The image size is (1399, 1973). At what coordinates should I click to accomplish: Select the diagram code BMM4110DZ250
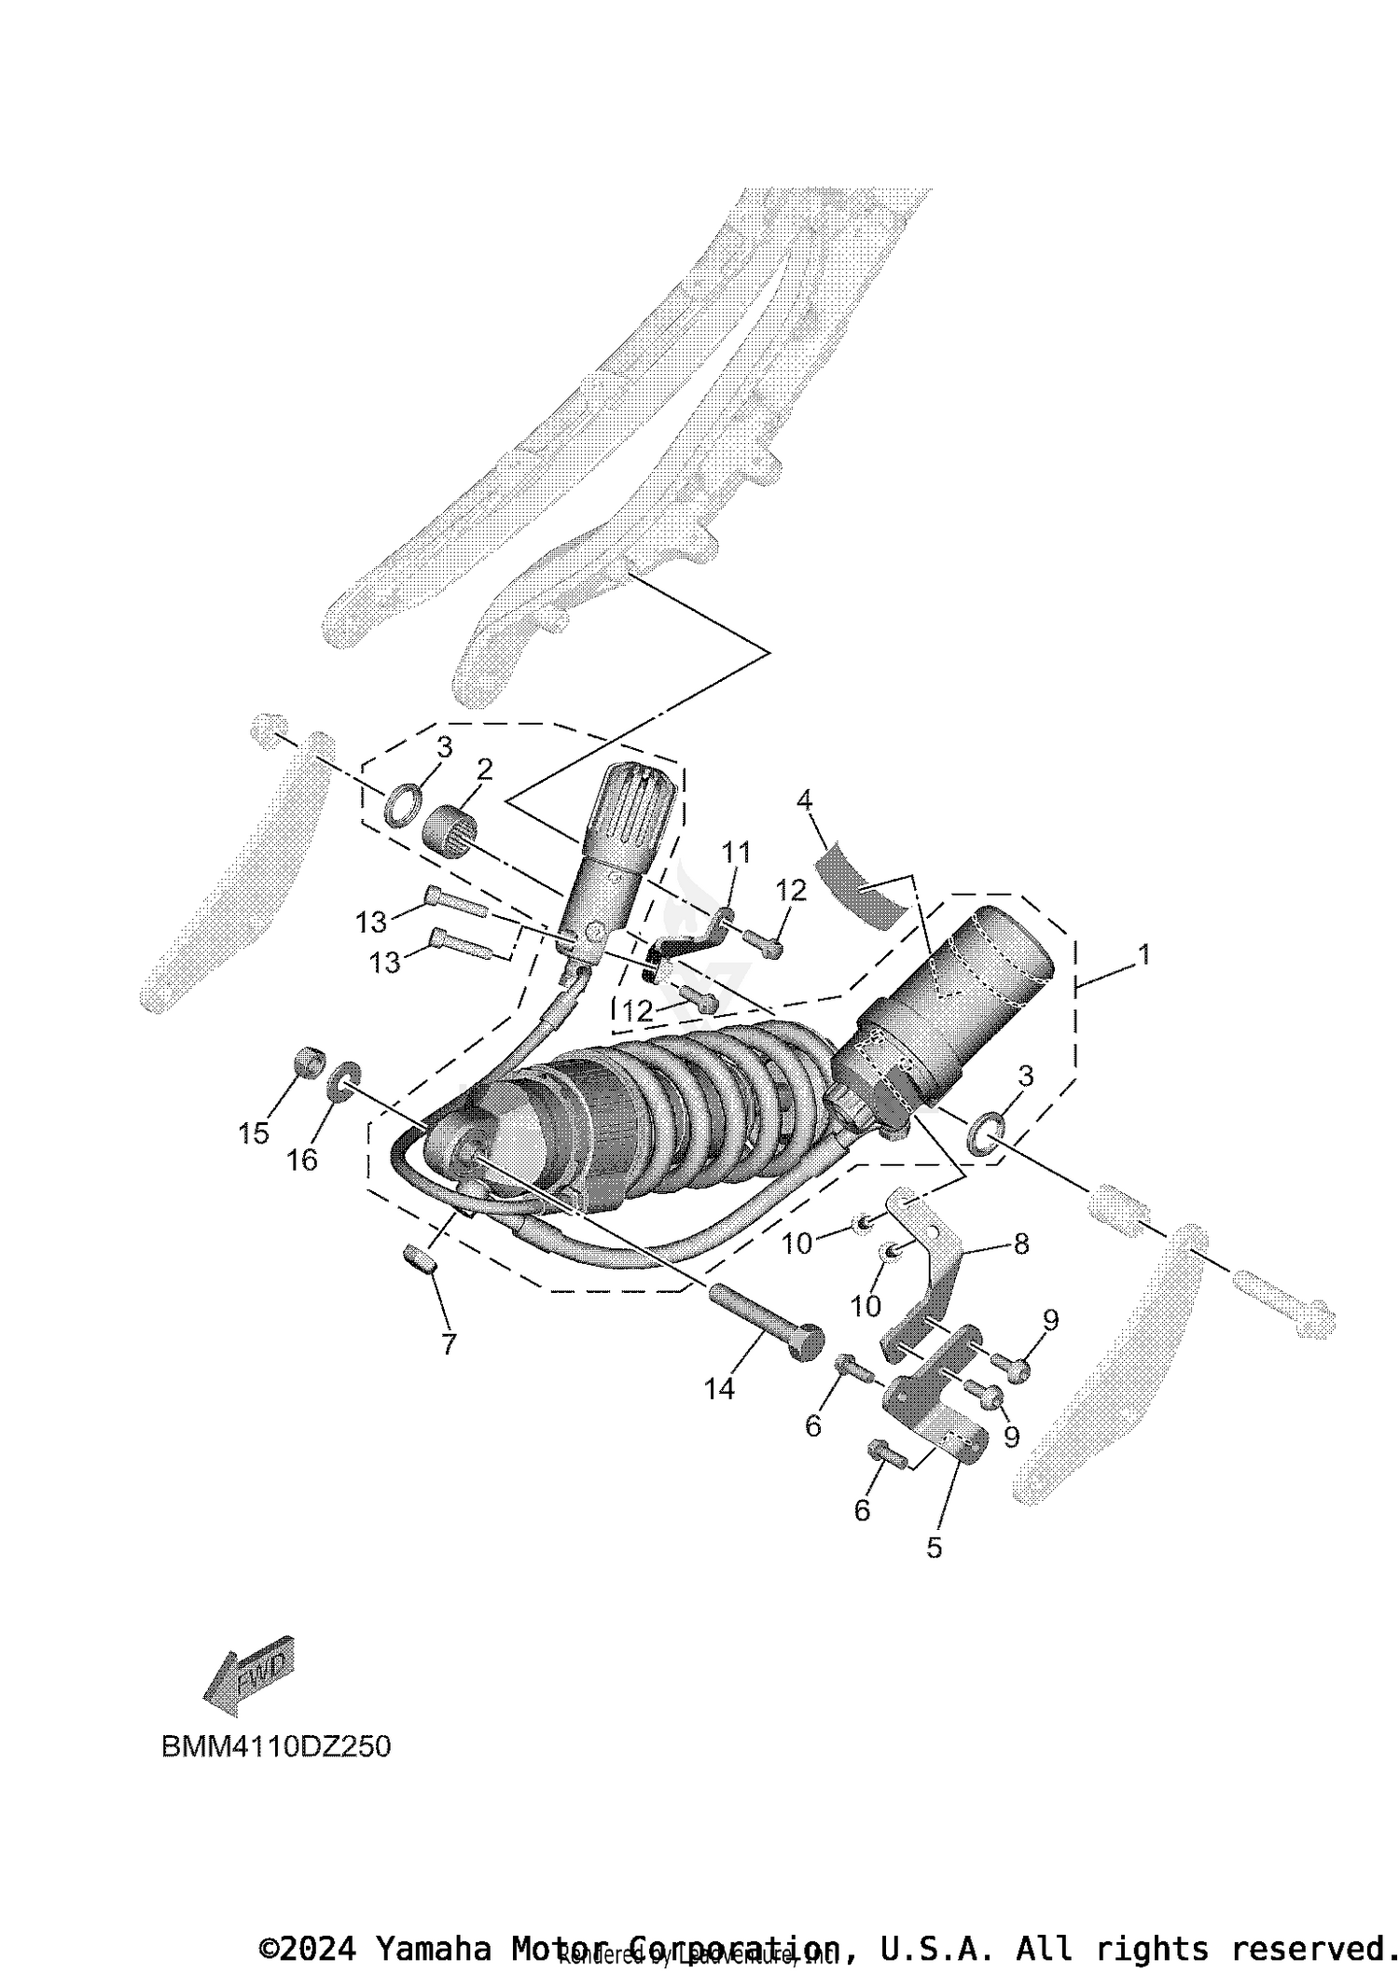276,1746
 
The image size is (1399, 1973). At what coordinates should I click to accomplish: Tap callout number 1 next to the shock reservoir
1143,954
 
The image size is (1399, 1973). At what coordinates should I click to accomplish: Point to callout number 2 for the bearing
484,770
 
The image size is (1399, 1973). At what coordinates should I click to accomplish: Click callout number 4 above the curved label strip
804,799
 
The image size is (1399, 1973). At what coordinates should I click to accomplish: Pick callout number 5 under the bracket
934,1548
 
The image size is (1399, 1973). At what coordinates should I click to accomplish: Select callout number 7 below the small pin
449,1344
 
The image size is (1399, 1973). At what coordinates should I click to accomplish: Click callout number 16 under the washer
302,1160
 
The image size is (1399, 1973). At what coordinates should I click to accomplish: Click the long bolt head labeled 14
807,1343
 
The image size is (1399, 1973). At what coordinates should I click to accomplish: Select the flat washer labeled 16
343,1080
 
